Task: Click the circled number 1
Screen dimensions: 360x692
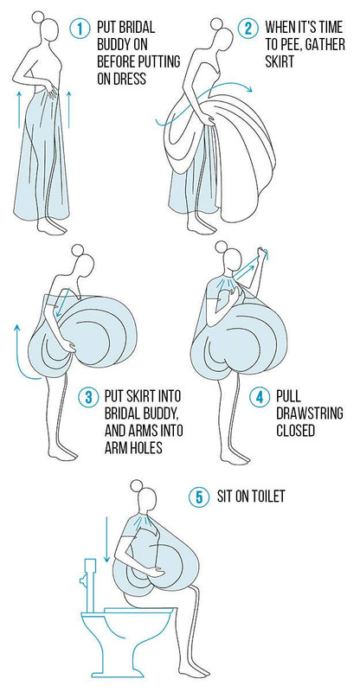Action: click(x=80, y=29)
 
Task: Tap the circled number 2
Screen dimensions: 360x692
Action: click(x=247, y=29)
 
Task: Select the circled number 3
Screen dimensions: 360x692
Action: click(x=88, y=397)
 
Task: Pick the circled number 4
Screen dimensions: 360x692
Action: click(x=259, y=397)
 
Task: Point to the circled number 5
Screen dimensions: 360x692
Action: click(x=199, y=497)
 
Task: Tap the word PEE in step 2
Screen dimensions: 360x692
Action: click(x=292, y=45)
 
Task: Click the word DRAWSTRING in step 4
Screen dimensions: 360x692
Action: click(x=310, y=413)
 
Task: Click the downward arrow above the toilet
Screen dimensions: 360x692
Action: click(x=106, y=539)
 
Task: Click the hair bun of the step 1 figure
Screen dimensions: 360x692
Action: click(x=38, y=17)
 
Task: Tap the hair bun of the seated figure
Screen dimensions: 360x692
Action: click(x=137, y=486)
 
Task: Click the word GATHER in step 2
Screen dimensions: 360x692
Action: click(x=326, y=45)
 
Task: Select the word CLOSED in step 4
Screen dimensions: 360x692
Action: click(x=295, y=430)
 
